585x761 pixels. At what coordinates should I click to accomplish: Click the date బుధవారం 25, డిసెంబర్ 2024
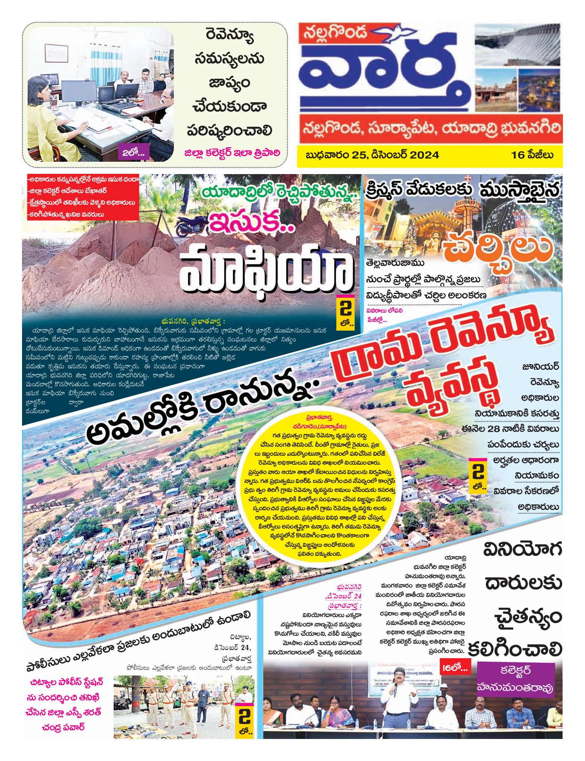pyautogui.click(x=372, y=155)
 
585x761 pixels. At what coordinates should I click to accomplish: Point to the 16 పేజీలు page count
pyautogui.click(x=532, y=155)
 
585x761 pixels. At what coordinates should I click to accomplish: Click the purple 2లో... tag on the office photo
pyautogui.click(x=133, y=152)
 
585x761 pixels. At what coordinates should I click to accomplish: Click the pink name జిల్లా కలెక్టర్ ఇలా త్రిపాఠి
pyautogui.click(x=232, y=153)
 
